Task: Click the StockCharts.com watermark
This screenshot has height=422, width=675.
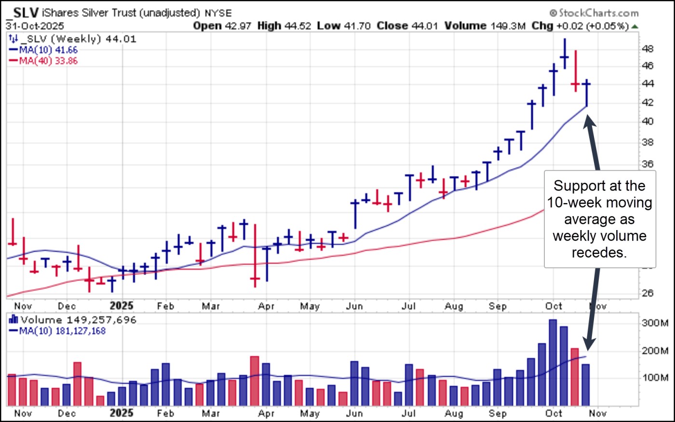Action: tap(594, 13)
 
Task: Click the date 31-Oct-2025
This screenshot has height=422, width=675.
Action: tap(35, 26)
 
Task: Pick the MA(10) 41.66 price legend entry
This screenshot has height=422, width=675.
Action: tap(48, 50)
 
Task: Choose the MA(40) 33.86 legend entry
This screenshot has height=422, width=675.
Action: tap(48, 61)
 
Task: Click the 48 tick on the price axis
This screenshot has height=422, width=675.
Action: tap(648, 49)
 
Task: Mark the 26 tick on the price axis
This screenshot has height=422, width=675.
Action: tap(648, 293)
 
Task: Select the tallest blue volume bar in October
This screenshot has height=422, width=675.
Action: tap(553, 362)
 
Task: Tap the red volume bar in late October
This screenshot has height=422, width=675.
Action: tap(575, 376)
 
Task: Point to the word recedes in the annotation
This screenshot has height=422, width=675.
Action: tap(599, 252)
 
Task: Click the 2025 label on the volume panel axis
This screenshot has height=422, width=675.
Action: tap(121, 413)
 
